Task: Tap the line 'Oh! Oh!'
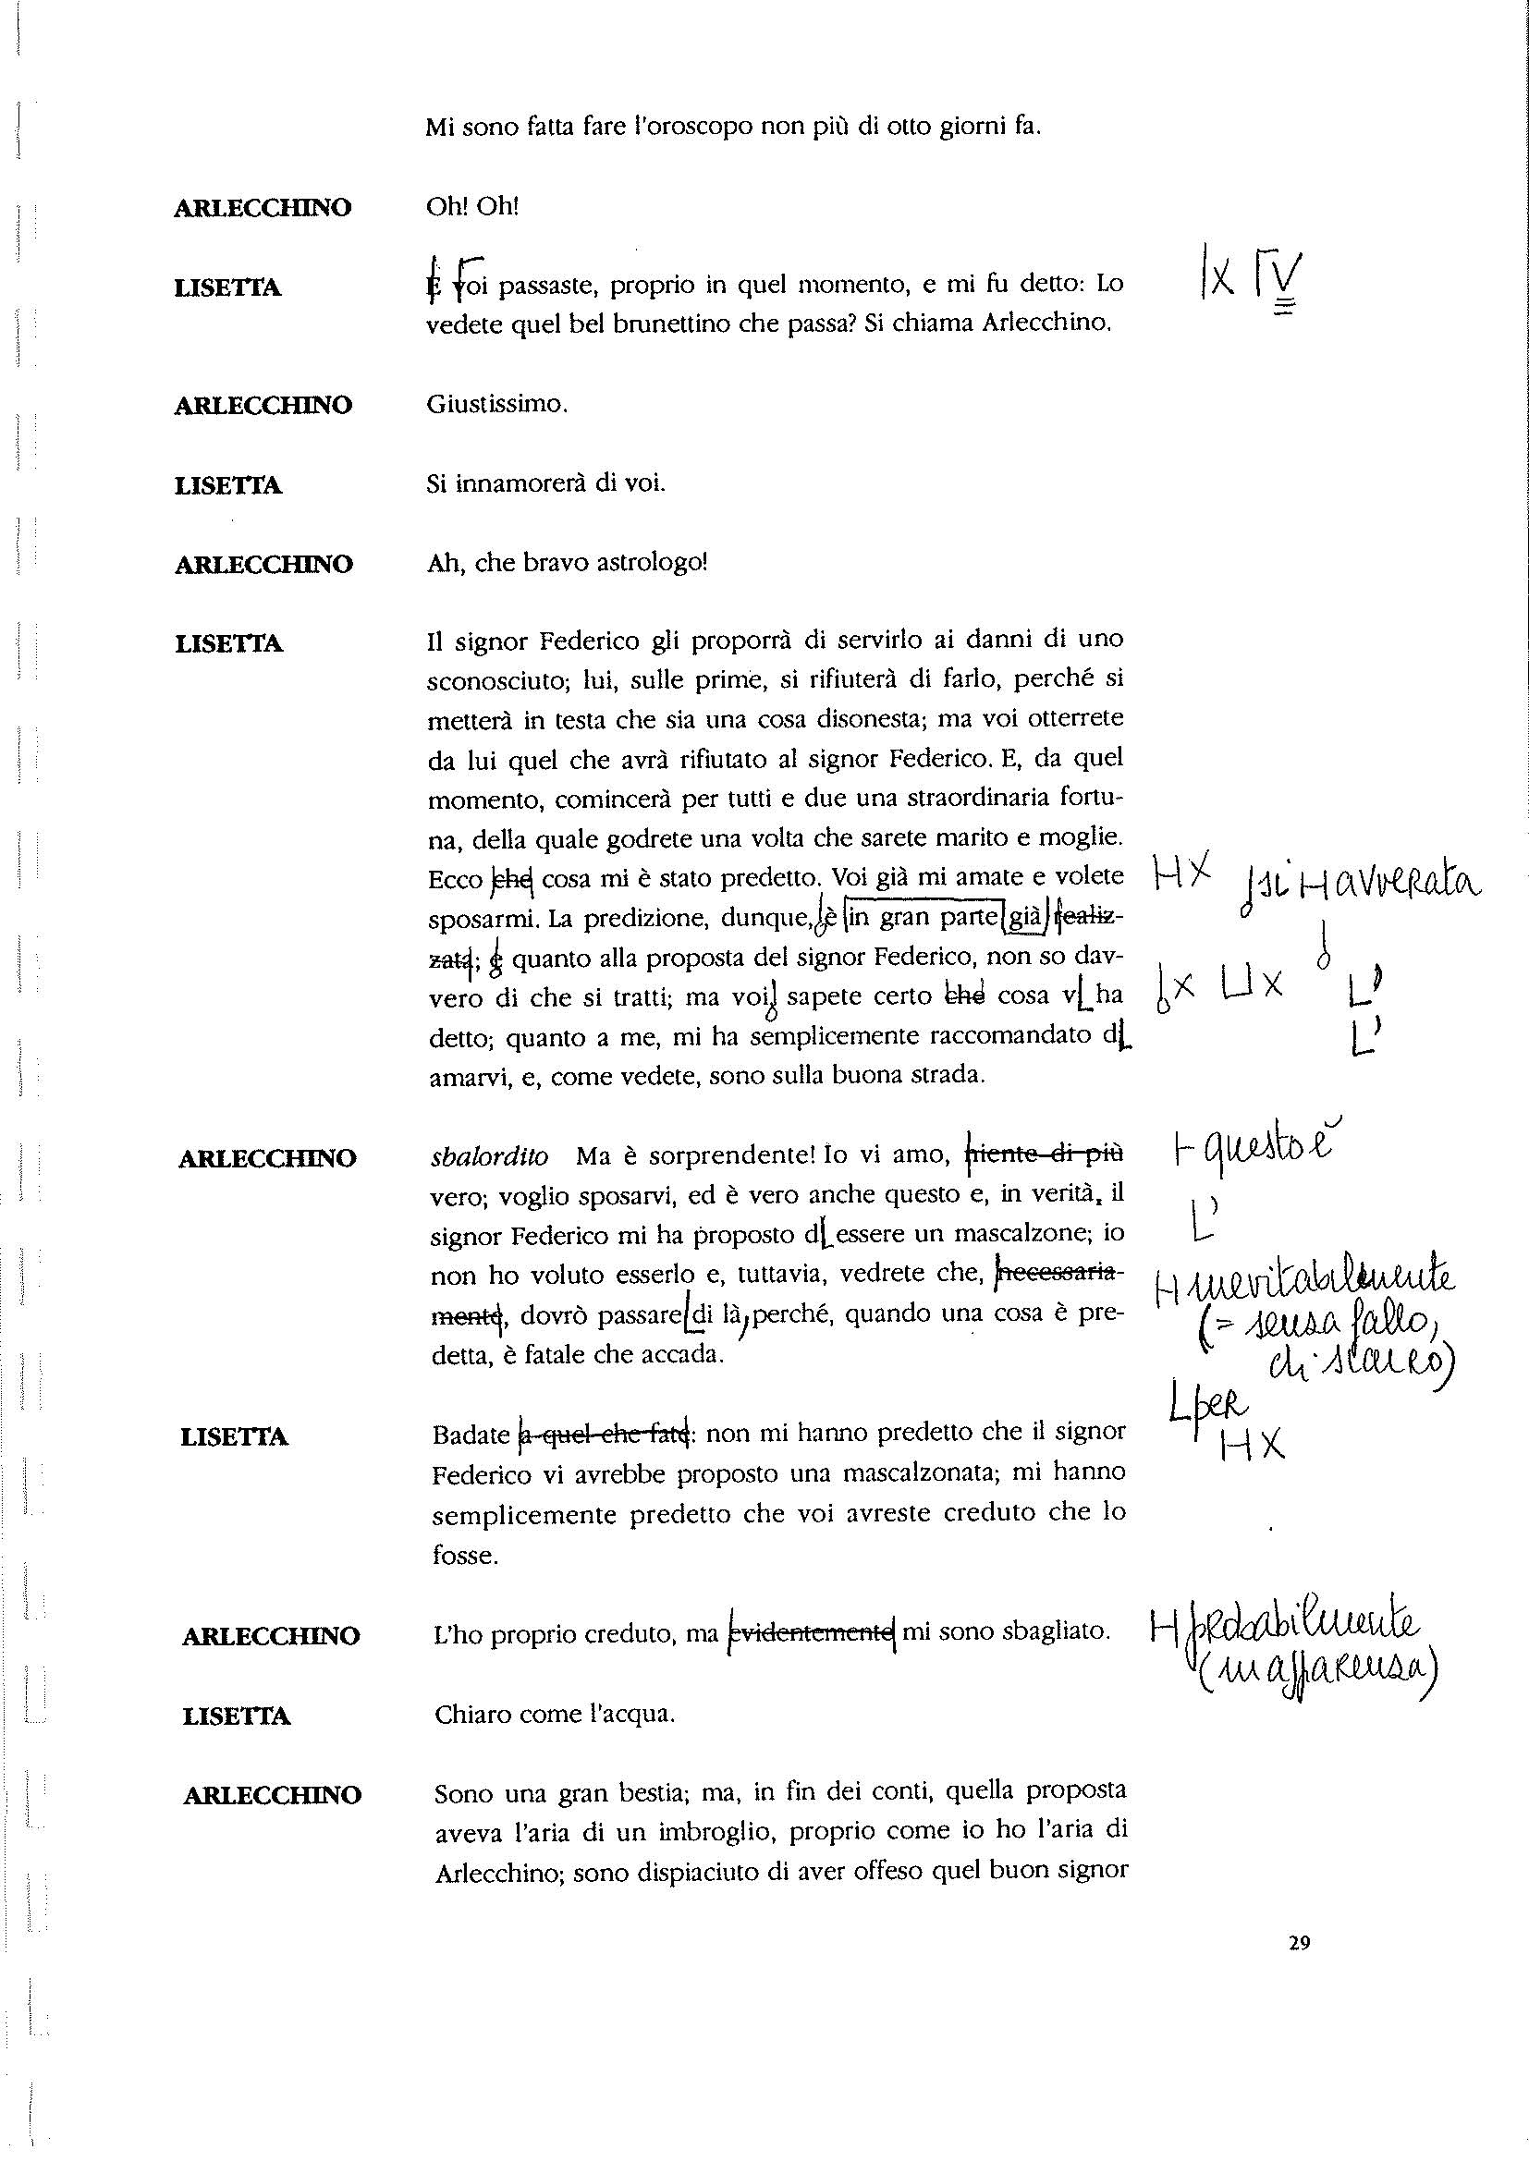click(471, 206)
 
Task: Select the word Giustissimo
click(496, 405)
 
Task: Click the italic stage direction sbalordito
click(488, 1155)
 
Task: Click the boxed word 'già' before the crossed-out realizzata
click(1021, 918)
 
